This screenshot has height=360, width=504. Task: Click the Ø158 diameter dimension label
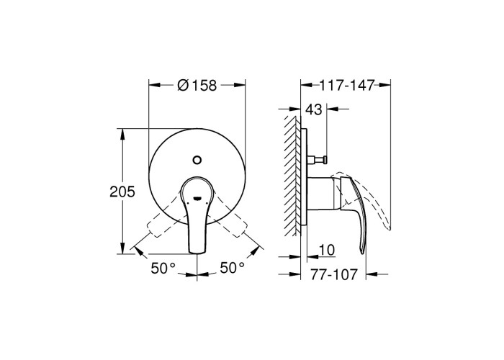pyautogui.click(x=197, y=86)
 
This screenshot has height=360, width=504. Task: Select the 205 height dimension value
pyautogui.click(x=122, y=192)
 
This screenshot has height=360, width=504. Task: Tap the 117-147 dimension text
pyautogui.click(x=347, y=86)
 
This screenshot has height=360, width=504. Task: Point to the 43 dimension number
pyautogui.click(x=313, y=110)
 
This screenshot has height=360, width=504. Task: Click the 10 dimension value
pyautogui.click(x=327, y=250)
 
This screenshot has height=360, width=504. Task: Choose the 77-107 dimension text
pyautogui.click(x=334, y=274)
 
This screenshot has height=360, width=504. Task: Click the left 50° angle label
pyautogui.click(x=163, y=268)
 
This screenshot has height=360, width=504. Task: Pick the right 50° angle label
pyautogui.click(x=232, y=267)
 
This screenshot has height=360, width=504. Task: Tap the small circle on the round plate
pyautogui.click(x=197, y=159)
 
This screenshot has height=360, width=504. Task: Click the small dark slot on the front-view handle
pyautogui.click(x=197, y=198)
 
